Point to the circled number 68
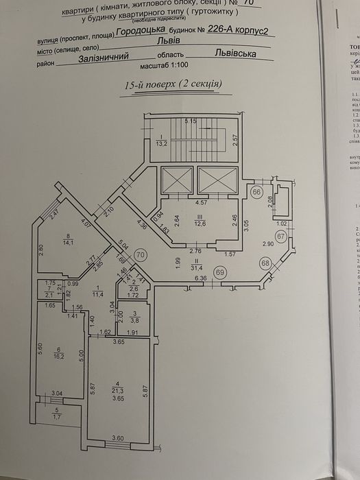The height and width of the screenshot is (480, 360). pyautogui.click(x=283, y=263)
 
